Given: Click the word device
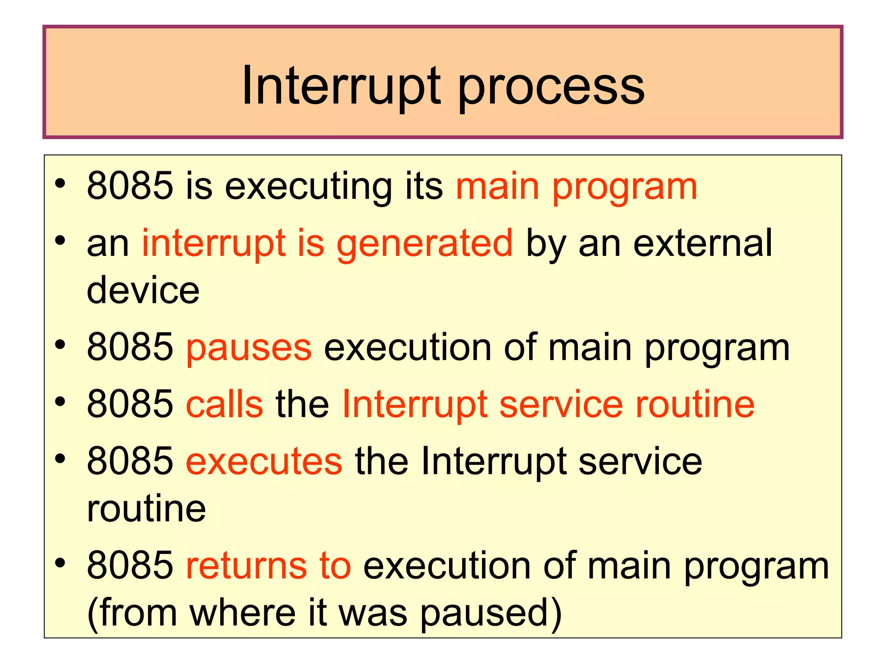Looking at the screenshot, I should [143, 290].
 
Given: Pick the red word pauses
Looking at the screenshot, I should [249, 348].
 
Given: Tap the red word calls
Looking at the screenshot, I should [225, 404].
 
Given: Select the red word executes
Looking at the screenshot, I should [264, 461].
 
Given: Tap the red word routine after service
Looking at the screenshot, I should [695, 404].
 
